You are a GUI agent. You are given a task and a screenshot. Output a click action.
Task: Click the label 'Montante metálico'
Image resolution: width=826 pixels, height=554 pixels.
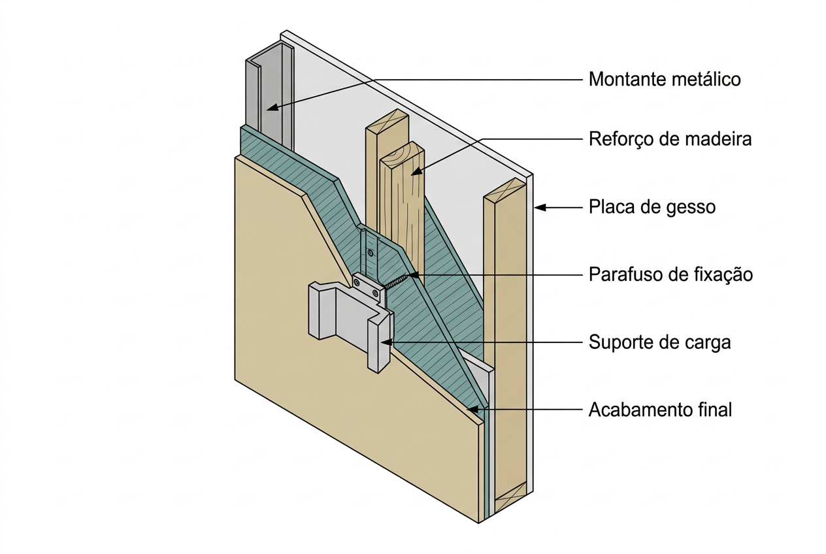point(665,79)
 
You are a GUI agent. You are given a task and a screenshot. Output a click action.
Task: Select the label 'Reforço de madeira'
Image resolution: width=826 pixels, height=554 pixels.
point(670,139)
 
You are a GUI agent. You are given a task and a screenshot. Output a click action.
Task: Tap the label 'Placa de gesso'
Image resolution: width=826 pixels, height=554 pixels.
point(652,207)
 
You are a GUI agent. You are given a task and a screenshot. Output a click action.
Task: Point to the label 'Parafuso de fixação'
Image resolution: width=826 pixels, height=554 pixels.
point(670,274)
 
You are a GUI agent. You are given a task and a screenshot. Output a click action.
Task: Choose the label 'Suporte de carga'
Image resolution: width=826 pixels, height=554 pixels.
point(660,342)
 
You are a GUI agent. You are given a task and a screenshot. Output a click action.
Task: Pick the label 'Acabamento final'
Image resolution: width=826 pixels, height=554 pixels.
point(660,410)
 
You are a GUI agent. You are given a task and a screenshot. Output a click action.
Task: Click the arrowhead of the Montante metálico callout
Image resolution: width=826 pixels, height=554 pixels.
point(272,108)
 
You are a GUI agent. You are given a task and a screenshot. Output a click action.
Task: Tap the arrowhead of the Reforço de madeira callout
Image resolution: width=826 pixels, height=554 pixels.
point(416,171)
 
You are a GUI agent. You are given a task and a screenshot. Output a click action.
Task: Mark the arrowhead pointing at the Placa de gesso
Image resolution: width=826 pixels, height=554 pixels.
point(540,208)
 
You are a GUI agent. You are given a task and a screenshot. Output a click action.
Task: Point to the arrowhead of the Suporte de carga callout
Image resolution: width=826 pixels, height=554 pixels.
point(386,342)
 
